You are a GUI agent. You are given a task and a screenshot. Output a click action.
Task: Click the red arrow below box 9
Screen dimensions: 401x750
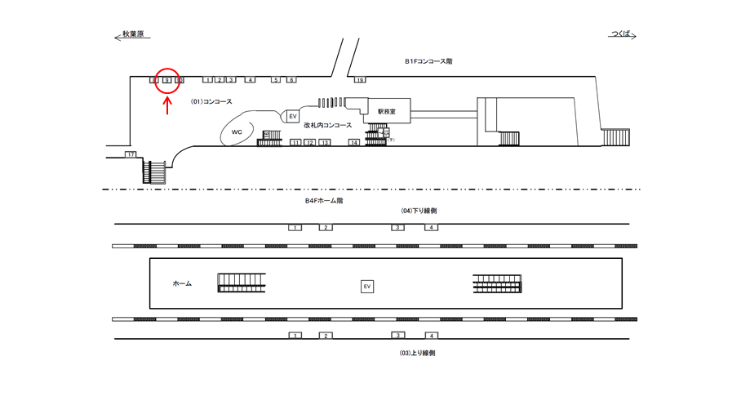167,105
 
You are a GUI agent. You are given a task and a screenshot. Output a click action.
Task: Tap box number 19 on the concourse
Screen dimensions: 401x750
359,80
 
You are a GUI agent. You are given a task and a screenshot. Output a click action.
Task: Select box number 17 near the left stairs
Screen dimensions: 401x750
130,154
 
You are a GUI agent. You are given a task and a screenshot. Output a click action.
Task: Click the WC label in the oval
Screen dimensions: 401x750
237,131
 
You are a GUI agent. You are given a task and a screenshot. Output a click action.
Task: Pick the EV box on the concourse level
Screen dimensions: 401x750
292,117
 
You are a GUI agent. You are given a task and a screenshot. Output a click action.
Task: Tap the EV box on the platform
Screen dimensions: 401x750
367,286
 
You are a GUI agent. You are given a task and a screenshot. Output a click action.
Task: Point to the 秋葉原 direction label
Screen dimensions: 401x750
132,35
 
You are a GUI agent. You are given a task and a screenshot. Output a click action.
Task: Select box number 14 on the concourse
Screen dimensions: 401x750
354,143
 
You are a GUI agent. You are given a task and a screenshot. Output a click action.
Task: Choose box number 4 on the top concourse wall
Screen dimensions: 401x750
251,80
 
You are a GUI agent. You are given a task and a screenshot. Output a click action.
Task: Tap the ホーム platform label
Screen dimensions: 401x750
182,283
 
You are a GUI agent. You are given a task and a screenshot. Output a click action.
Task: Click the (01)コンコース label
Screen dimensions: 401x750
211,102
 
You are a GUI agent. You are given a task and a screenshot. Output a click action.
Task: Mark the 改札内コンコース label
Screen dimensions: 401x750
327,126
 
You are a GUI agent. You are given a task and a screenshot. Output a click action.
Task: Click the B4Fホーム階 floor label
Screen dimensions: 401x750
324,201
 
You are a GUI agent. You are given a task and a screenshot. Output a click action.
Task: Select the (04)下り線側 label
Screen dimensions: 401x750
419,211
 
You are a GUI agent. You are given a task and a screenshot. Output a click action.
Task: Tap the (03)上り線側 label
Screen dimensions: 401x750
419,353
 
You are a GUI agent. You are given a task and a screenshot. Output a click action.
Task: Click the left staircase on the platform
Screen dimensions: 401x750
242,283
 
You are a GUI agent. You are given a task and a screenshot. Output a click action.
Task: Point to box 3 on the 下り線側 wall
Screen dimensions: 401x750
397,227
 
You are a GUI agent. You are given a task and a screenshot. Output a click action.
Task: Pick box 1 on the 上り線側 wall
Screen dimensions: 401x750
295,336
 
